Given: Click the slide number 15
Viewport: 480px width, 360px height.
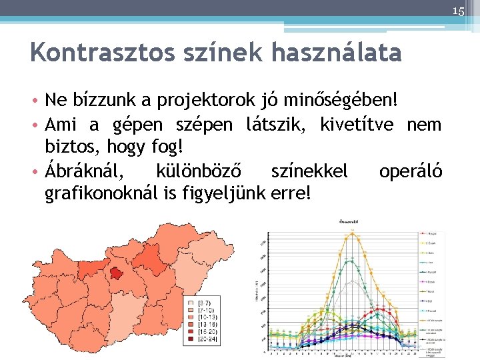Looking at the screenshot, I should [x=458, y=11].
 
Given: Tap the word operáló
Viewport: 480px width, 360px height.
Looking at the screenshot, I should [x=411, y=171].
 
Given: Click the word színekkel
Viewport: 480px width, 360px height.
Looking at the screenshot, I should [x=309, y=171].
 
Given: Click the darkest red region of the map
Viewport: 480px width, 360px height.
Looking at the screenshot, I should [x=117, y=273].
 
